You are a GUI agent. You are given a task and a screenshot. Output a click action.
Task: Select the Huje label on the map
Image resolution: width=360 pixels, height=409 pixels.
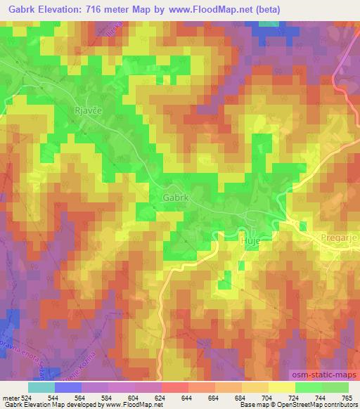pyautogui.click(x=251, y=239)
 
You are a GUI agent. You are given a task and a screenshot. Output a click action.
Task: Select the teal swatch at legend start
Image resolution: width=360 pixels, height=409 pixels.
pyautogui.click(x=41, y=387)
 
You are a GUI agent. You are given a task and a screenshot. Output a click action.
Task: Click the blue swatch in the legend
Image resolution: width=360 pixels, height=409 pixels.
pyautogui.click(x=68, y=387)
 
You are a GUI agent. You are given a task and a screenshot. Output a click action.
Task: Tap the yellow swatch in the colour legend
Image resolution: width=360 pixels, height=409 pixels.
pyautogui.click(x=281, y=387)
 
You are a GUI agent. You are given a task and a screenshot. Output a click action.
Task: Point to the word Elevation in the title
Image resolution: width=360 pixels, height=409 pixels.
pyautogui.click(x=63, y=9)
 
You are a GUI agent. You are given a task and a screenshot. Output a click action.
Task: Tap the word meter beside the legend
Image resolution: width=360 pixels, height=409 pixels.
pyautogui.click(x=11, y=397)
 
